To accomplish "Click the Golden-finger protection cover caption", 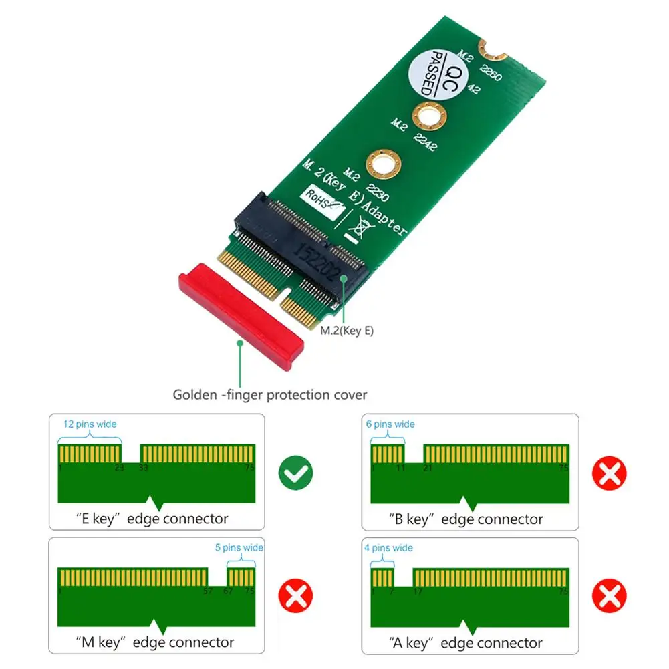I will (x=270, y=394).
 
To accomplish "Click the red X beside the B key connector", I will (x=609, y=474).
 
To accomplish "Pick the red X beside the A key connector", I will (x=609, y=596).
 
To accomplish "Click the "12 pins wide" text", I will (x=90, y=424).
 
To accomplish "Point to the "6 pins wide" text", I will (x=390, y=424).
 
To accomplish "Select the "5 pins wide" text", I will (x=239, y=547).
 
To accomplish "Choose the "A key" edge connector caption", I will (x=465, y=642).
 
